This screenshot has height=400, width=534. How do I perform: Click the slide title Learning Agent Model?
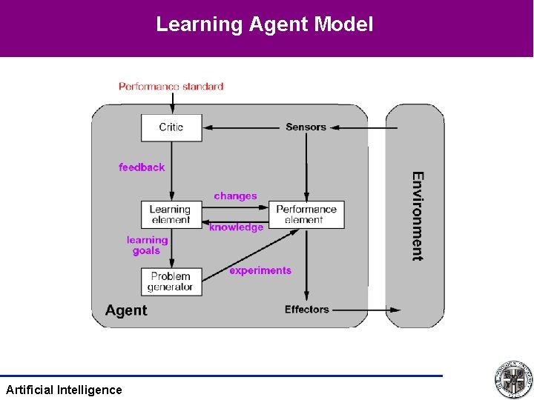pos(264,24)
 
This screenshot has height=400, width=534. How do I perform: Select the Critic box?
pos(171,127)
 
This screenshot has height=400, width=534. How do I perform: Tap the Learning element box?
pos(171,214)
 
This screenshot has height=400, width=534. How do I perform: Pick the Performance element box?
pos(306,214)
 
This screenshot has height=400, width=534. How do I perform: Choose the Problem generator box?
pos(171,281)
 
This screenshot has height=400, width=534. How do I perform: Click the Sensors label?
pos(306,127)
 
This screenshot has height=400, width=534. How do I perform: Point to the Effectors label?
pos(306,310)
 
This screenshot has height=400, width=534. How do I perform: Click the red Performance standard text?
pos(171,87)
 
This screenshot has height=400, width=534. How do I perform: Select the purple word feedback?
pos(142,167)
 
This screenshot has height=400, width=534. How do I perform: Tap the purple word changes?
pos(235,196)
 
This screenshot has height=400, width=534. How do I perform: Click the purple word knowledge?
pos(236,228)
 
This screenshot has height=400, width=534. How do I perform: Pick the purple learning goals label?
pos(147,245)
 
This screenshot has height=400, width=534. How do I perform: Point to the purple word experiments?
pos(260,271)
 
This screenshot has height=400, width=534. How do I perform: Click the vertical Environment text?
pos(418,216)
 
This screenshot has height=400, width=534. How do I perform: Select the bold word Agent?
pos(126,310)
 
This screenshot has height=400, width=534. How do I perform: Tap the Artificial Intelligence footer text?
pos(64,390)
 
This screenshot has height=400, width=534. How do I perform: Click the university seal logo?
pos(513,379)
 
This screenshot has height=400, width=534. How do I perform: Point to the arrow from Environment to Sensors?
pos(363,127)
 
